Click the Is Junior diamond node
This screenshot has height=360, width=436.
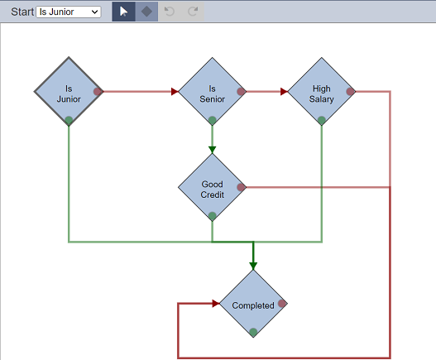pos(69,92)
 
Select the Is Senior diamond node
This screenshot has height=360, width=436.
pos(212,92)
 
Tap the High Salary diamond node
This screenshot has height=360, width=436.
pos(322,92)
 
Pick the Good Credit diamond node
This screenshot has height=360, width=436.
pos(212,187)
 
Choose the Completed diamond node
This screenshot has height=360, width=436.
pos(253,304)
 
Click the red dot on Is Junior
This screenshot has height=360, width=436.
pos(98,92)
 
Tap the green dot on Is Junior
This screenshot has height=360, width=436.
pos(69,121)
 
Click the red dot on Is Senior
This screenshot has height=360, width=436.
pos(241,92)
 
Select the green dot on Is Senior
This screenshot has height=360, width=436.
pos(212,121)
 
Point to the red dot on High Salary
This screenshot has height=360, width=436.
pos(350,92)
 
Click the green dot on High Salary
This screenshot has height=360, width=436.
pos(322,121)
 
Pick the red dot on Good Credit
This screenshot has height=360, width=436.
pos(241,187)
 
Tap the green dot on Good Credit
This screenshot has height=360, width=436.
pos(212,216)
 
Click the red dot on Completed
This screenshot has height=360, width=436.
pos(282,304)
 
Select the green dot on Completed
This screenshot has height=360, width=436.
pos(253,332)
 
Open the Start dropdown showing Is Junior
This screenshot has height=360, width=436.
pos(69,12)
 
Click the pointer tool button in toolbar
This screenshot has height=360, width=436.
pos(124,12)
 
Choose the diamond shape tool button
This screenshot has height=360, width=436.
pos(146,12)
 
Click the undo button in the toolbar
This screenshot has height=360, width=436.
pos(170,12)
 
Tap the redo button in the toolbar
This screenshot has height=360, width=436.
pos(193,12)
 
